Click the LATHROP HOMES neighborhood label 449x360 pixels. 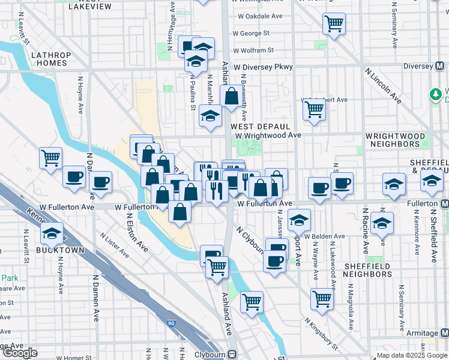tap(50, 59)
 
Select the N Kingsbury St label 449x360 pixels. tap(321, 332)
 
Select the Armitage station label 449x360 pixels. tap(423, 333)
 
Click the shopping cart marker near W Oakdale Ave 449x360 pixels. tap(334, 24)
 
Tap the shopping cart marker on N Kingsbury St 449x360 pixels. tap(323, 299)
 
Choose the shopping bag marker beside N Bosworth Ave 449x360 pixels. tap(231, 96)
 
